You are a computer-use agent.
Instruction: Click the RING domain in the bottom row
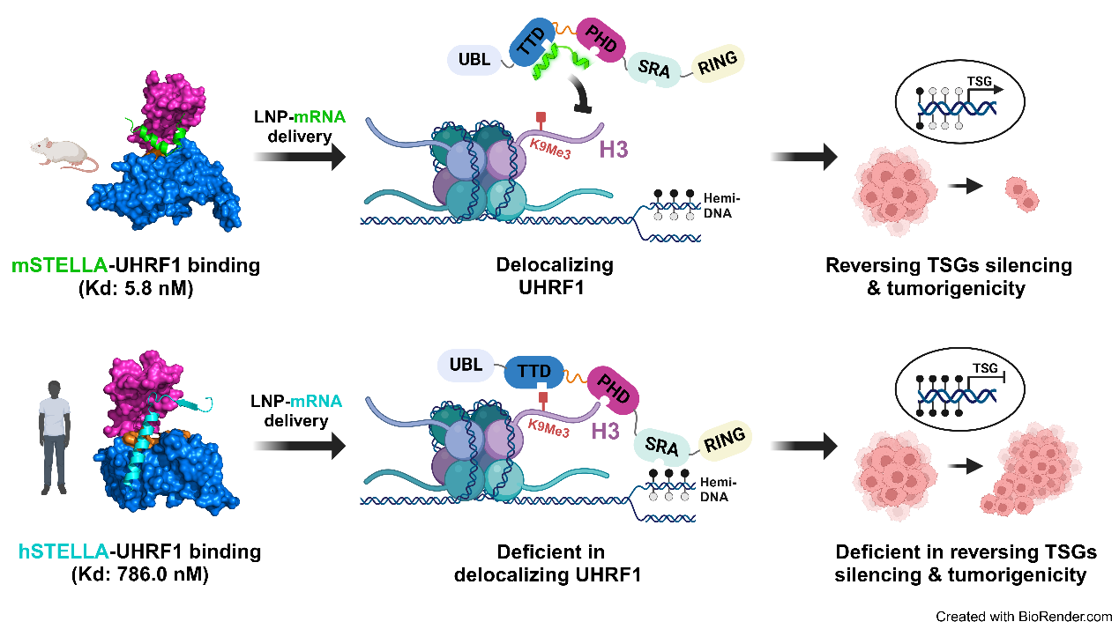click(725, 438)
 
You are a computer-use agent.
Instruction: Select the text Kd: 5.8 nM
click(136, 286)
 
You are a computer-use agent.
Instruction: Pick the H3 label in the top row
click(615, 150)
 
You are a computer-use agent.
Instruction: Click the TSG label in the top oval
click(979, 81)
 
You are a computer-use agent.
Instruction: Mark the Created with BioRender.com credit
click(1024, 617)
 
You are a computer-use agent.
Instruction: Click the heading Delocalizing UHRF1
click(554, 276)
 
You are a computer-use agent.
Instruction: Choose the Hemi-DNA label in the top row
click(722, 206)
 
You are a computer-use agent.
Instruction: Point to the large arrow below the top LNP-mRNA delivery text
click(300, 159)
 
